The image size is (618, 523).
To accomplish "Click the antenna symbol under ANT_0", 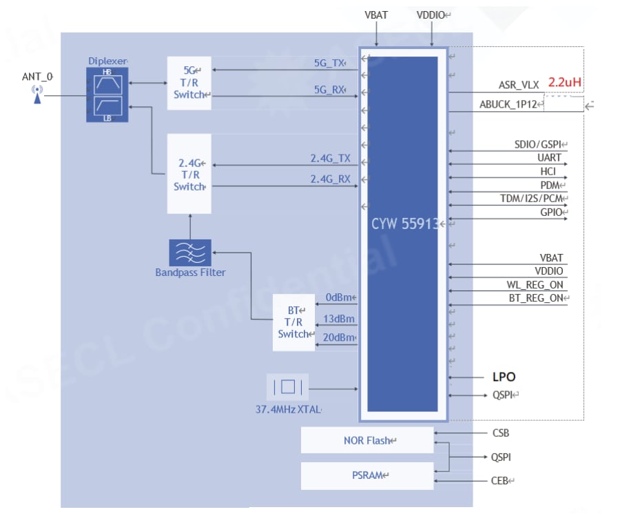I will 37,95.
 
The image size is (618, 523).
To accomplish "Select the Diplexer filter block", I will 107,95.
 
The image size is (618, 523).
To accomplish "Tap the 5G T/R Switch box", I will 189,83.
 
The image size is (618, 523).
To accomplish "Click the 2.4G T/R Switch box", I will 189,174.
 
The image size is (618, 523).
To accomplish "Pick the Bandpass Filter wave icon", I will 190,253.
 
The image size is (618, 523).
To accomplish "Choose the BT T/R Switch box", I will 293,322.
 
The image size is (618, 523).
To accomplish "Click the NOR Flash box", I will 367,440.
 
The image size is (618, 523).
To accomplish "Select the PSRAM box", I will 367,475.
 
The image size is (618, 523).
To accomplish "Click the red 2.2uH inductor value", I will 565,82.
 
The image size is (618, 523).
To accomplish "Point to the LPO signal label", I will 504,377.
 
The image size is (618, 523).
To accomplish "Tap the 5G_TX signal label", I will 329,63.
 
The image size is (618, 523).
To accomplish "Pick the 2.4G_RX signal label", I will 330,179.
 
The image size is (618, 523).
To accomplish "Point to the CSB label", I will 501,433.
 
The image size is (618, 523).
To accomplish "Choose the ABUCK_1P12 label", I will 508,104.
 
